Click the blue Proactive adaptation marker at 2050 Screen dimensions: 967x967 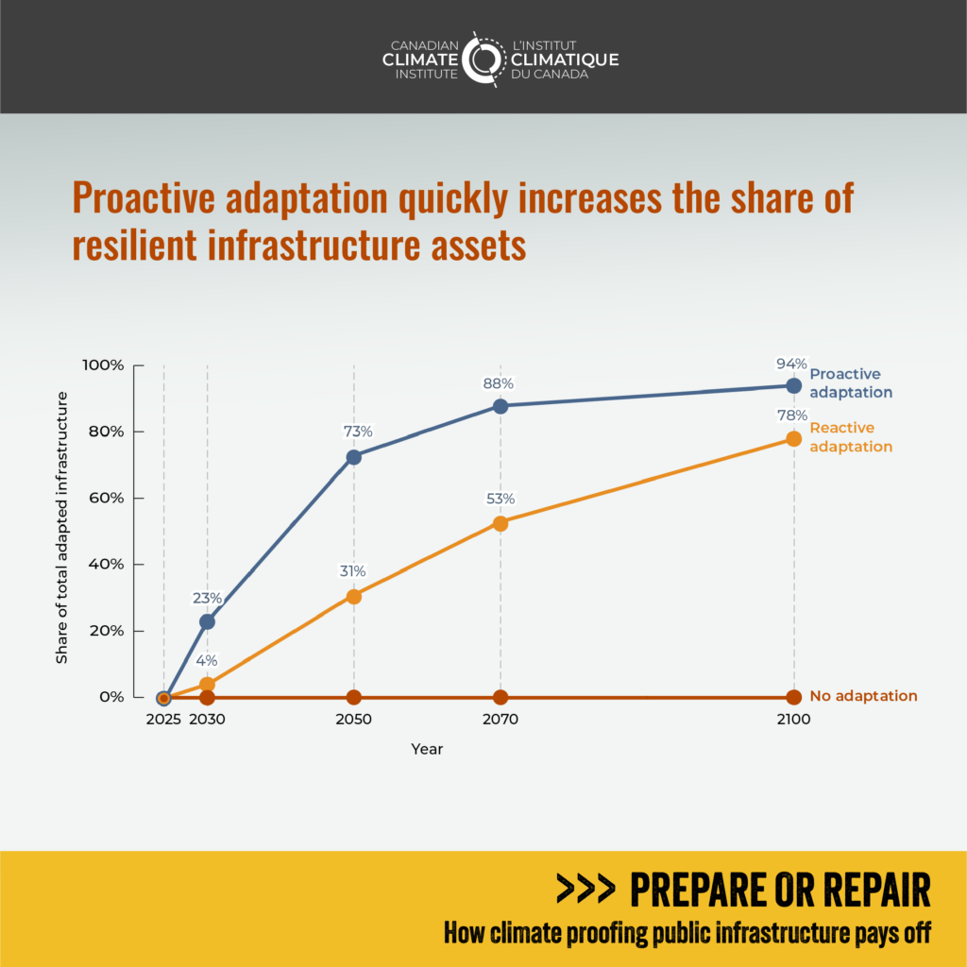pos(354,457)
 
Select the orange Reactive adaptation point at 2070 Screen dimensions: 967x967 pos(500,523)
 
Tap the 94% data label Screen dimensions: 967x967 pos(792,365)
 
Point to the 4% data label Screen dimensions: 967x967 pos(207,661)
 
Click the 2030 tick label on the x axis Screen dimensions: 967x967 pos(207,720)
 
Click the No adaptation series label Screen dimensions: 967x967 pos(863,696)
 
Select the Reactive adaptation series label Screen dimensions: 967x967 pos(850,437)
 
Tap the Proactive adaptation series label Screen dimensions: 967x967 pos(851,382)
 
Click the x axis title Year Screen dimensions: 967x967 pos(427,749)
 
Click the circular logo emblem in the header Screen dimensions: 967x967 pos(484,59)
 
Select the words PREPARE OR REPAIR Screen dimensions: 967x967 pos(779,889)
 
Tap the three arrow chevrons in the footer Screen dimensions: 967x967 pos(585,889)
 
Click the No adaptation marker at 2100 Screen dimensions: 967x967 pos(793,697)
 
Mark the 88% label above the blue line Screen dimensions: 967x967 pos(499,384)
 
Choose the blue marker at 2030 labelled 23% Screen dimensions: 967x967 pos(207,621)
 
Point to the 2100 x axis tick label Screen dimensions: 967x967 pos(793,720)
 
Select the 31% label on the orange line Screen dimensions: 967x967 pos(353,571)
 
